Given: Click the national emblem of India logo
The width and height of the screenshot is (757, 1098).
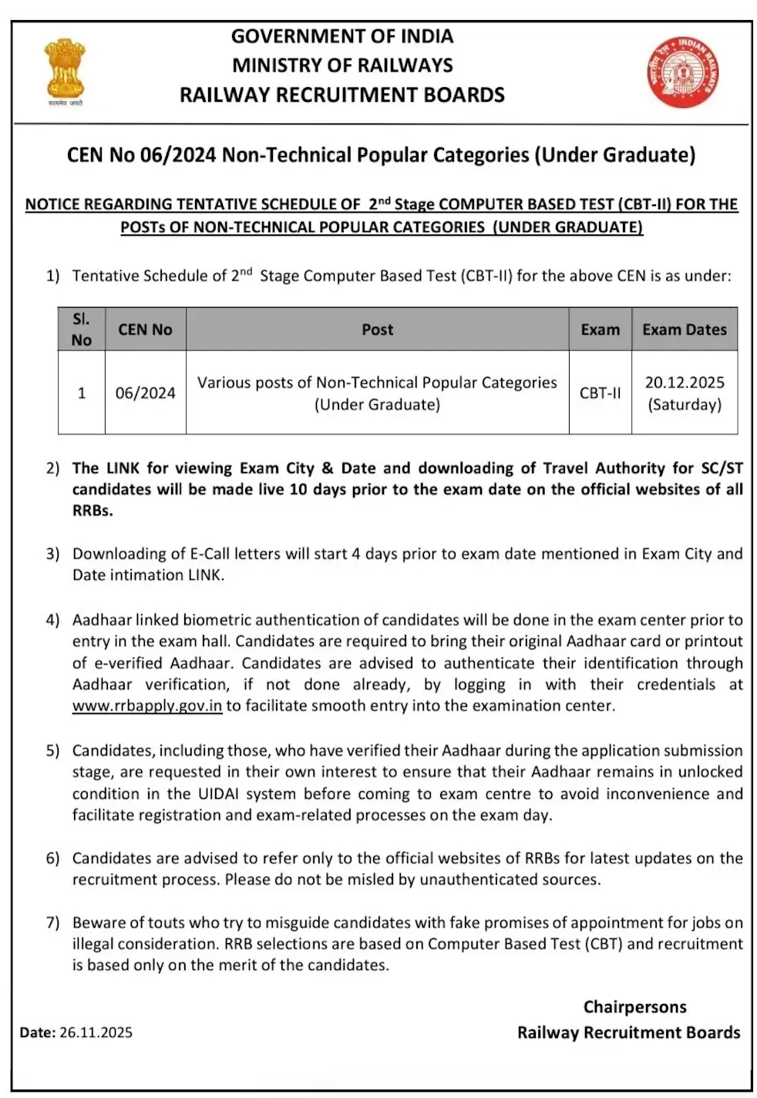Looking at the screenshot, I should (x=65, y=71).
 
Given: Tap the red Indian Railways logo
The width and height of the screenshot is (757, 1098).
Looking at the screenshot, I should (x=682, y=72).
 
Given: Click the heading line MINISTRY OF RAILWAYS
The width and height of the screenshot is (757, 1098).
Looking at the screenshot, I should (x=342, y=66).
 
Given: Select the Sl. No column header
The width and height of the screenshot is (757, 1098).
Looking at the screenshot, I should (x=81, y=329).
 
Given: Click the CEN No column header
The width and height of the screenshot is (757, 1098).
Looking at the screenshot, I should (x=145, y=329).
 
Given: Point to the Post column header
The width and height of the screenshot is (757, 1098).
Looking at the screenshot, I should (x=377, y=329).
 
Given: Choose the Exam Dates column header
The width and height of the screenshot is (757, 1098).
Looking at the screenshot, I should (x=684, y=329).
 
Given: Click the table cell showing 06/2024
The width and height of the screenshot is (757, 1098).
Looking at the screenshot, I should (x=145, y=392).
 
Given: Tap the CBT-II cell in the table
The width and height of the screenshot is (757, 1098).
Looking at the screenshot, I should (x=600, y=392).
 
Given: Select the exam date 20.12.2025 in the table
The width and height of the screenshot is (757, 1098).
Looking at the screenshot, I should (x=685, y=382).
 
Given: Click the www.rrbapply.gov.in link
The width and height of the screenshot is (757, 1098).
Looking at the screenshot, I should (x=146, y=706).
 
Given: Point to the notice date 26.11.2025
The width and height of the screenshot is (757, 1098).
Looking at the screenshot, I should (x=96, y=1032).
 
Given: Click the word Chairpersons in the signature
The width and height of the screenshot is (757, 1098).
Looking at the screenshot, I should (x=634, y=1006).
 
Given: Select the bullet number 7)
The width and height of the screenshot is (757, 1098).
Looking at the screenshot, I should (x=52, y=922).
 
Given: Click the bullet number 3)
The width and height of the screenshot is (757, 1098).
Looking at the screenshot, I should (x=52, y=554).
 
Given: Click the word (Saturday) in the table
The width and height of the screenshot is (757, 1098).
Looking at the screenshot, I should (x=685, y=404).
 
